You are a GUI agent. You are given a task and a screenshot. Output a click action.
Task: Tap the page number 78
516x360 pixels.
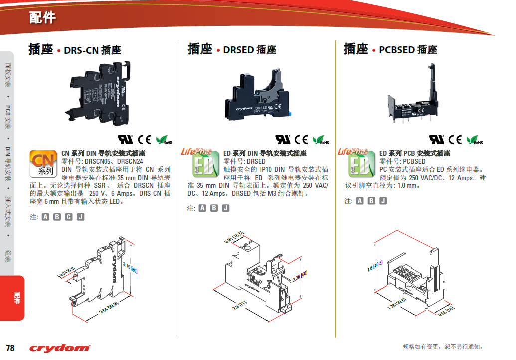click(x=10, y=348)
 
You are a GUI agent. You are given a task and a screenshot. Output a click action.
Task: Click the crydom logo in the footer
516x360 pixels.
click(x=59, y=348)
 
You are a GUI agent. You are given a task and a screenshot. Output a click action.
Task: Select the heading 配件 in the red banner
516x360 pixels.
click(x=42, y=18)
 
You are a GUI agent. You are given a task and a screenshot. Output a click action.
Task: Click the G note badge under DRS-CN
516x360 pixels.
click(x=69, y=217)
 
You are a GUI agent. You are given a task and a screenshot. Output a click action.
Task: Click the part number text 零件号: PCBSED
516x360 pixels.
click(x=403, y=161)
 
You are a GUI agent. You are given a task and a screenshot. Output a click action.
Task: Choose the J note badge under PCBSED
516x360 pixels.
click(x=383, y=201)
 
